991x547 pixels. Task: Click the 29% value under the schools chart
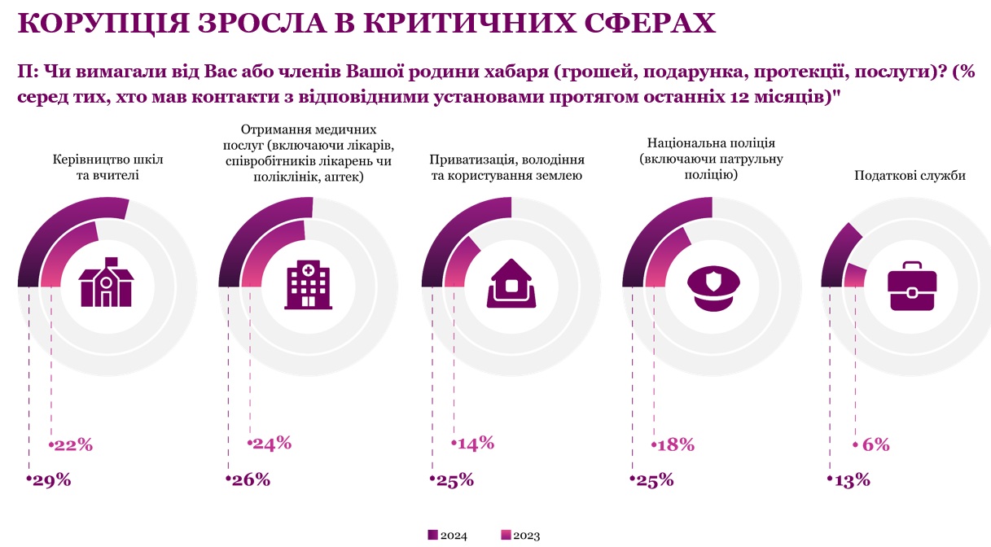51,479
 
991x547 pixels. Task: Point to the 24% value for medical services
271,444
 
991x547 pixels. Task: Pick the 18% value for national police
674,444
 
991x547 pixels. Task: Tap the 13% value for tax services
852,480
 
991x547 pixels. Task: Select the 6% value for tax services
875,445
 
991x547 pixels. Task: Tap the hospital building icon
308,285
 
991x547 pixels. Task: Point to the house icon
510,283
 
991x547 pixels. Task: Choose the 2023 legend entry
520,535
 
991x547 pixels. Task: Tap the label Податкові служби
910,175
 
